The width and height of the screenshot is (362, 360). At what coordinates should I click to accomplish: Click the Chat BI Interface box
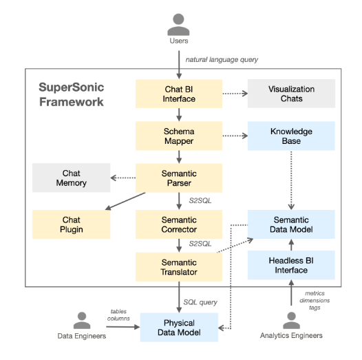coord(179,94)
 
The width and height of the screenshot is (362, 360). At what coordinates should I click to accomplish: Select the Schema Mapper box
coord(179,136)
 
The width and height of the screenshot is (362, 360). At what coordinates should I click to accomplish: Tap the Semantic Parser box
coord(179,178)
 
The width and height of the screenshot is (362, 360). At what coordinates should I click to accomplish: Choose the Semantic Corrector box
coord(179,224)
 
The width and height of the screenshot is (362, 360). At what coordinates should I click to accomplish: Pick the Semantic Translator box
coord(179,267)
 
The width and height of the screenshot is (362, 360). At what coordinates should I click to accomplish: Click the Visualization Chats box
coord(291,94)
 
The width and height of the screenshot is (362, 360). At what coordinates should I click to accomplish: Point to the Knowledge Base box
coord(291,136)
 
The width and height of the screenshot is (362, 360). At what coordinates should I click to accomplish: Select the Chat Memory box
coord(72,178)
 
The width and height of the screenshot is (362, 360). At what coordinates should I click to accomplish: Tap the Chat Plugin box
coord(72,224)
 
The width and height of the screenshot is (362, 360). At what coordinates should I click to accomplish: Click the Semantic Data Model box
coord(291,224)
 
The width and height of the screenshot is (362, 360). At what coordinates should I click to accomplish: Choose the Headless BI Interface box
coord(291,265)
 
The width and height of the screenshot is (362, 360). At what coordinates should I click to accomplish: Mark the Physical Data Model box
coord(179,328)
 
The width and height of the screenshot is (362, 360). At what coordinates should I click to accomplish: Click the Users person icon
coord(178,25)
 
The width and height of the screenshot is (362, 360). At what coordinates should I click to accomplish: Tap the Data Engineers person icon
coord(82,320)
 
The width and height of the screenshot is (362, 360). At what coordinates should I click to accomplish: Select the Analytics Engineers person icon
coord(291,320)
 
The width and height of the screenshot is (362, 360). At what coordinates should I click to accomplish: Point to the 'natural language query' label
coord(222,60)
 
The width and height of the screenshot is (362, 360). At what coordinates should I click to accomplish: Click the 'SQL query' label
coord(200,302)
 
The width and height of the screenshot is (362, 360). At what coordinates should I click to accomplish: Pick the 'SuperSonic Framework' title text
coord(72,94)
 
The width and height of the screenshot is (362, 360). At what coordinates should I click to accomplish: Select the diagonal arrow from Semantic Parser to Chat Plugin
coord(125,202)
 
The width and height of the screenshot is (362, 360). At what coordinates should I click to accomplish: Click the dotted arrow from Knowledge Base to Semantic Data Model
coord(291,180)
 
